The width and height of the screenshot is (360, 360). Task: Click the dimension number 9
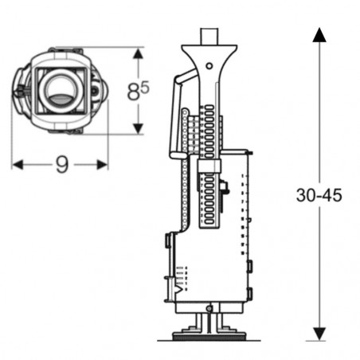pyautogui.click(x=61, y=164)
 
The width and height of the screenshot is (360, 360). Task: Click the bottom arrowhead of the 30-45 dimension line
pyautogui.click(x=319, y=334)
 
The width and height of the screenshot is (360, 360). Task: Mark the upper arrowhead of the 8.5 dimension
pyautogui.click(x=139, y=53)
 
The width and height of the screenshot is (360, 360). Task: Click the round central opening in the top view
pyautogui.click(x=59, y=89)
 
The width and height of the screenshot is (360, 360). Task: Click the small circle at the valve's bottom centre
pyautogui.click(x=209, y=309)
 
